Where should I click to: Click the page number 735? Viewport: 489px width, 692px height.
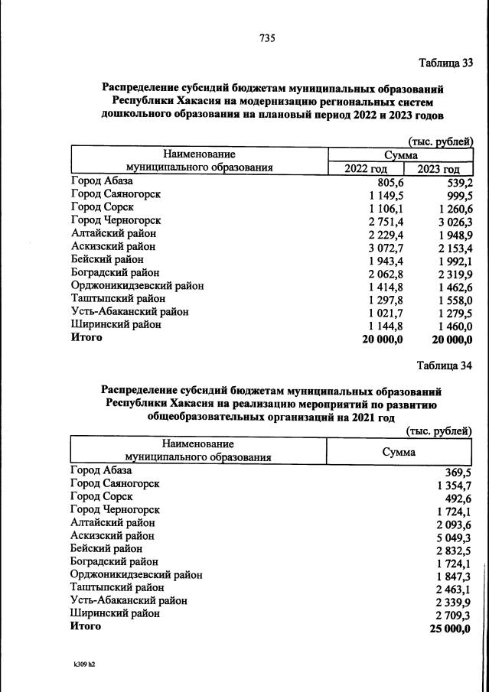(x=267, y=38)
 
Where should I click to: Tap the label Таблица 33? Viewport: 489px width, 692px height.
(x=445, y=62)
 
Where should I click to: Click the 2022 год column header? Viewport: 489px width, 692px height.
(x=366, y=169)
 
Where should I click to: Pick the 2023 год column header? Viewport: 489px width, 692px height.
(x=438, y=169)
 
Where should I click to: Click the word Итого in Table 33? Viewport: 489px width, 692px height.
(x=86, y=337)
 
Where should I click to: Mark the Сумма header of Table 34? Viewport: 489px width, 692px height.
(x=399, y=452)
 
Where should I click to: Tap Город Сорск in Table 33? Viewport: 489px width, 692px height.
(x=102, y=207)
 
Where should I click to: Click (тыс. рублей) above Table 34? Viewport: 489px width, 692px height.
(x=440, y=430)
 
